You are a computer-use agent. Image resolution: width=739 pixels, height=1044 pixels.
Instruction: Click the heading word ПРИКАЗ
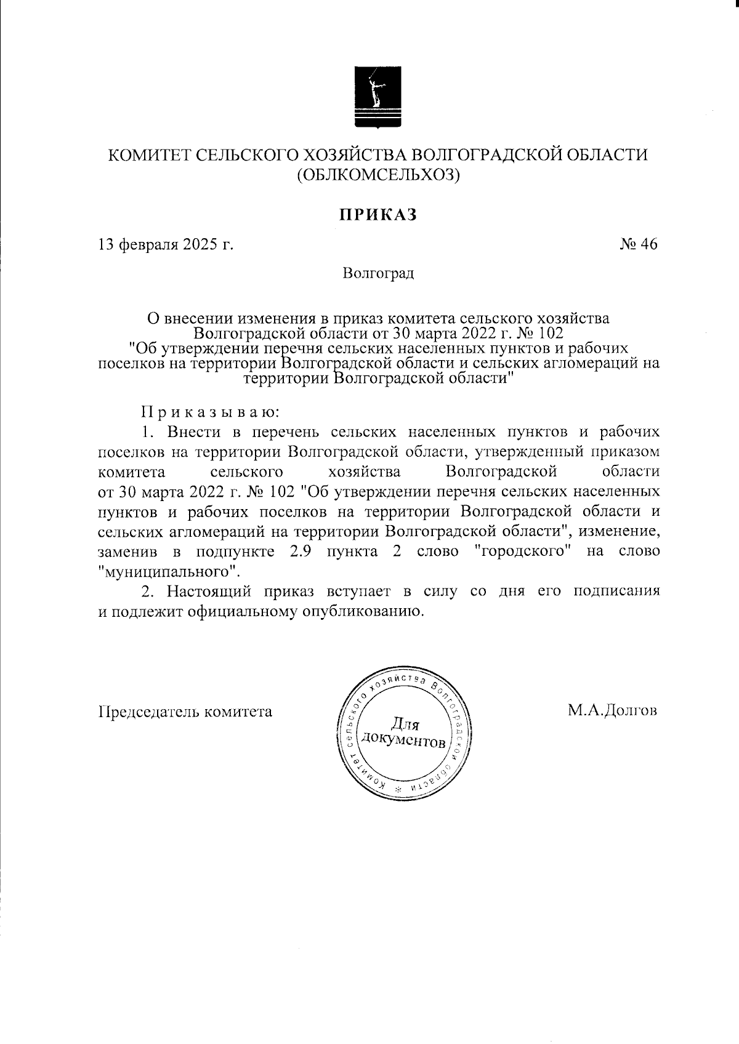[378, 214]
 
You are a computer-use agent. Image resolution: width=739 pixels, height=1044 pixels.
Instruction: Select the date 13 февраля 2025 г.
[166, 244]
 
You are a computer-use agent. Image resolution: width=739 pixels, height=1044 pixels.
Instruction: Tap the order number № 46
[639, 244]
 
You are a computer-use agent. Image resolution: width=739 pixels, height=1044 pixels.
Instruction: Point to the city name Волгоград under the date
[379, 273]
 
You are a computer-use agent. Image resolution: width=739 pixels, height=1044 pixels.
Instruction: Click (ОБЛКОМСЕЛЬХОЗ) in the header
[378, 175]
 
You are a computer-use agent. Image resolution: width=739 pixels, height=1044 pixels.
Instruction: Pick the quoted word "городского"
[522, 551]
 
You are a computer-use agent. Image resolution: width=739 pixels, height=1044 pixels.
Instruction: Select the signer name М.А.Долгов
[613, 711]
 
